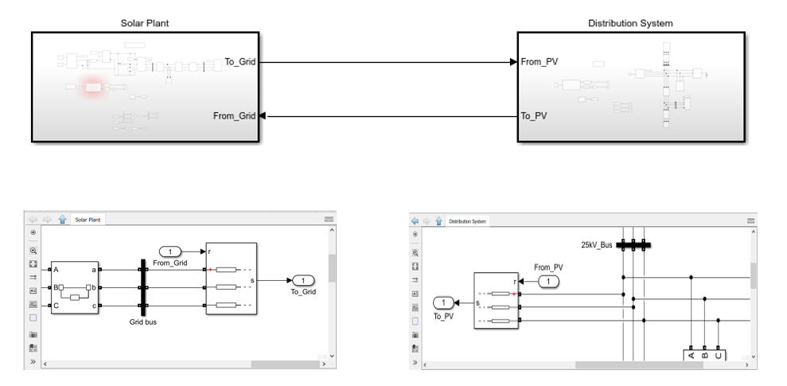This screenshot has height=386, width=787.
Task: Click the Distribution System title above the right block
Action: point(630,23)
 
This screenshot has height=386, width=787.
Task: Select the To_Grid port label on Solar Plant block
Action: point(241,61)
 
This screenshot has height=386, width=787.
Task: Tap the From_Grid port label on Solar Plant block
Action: point(235,116)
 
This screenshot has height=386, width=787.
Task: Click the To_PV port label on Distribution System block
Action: point(534,116)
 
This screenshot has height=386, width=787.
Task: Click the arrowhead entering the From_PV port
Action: point(513,61)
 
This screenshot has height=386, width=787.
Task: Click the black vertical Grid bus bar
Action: point(143,287)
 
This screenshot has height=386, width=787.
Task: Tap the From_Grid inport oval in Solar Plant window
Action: point(169,251)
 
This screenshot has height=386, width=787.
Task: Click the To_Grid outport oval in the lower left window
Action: point(304,280)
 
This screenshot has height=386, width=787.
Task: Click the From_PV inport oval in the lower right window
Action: point(550,281)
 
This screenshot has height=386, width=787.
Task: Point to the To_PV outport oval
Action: point(443,302)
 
